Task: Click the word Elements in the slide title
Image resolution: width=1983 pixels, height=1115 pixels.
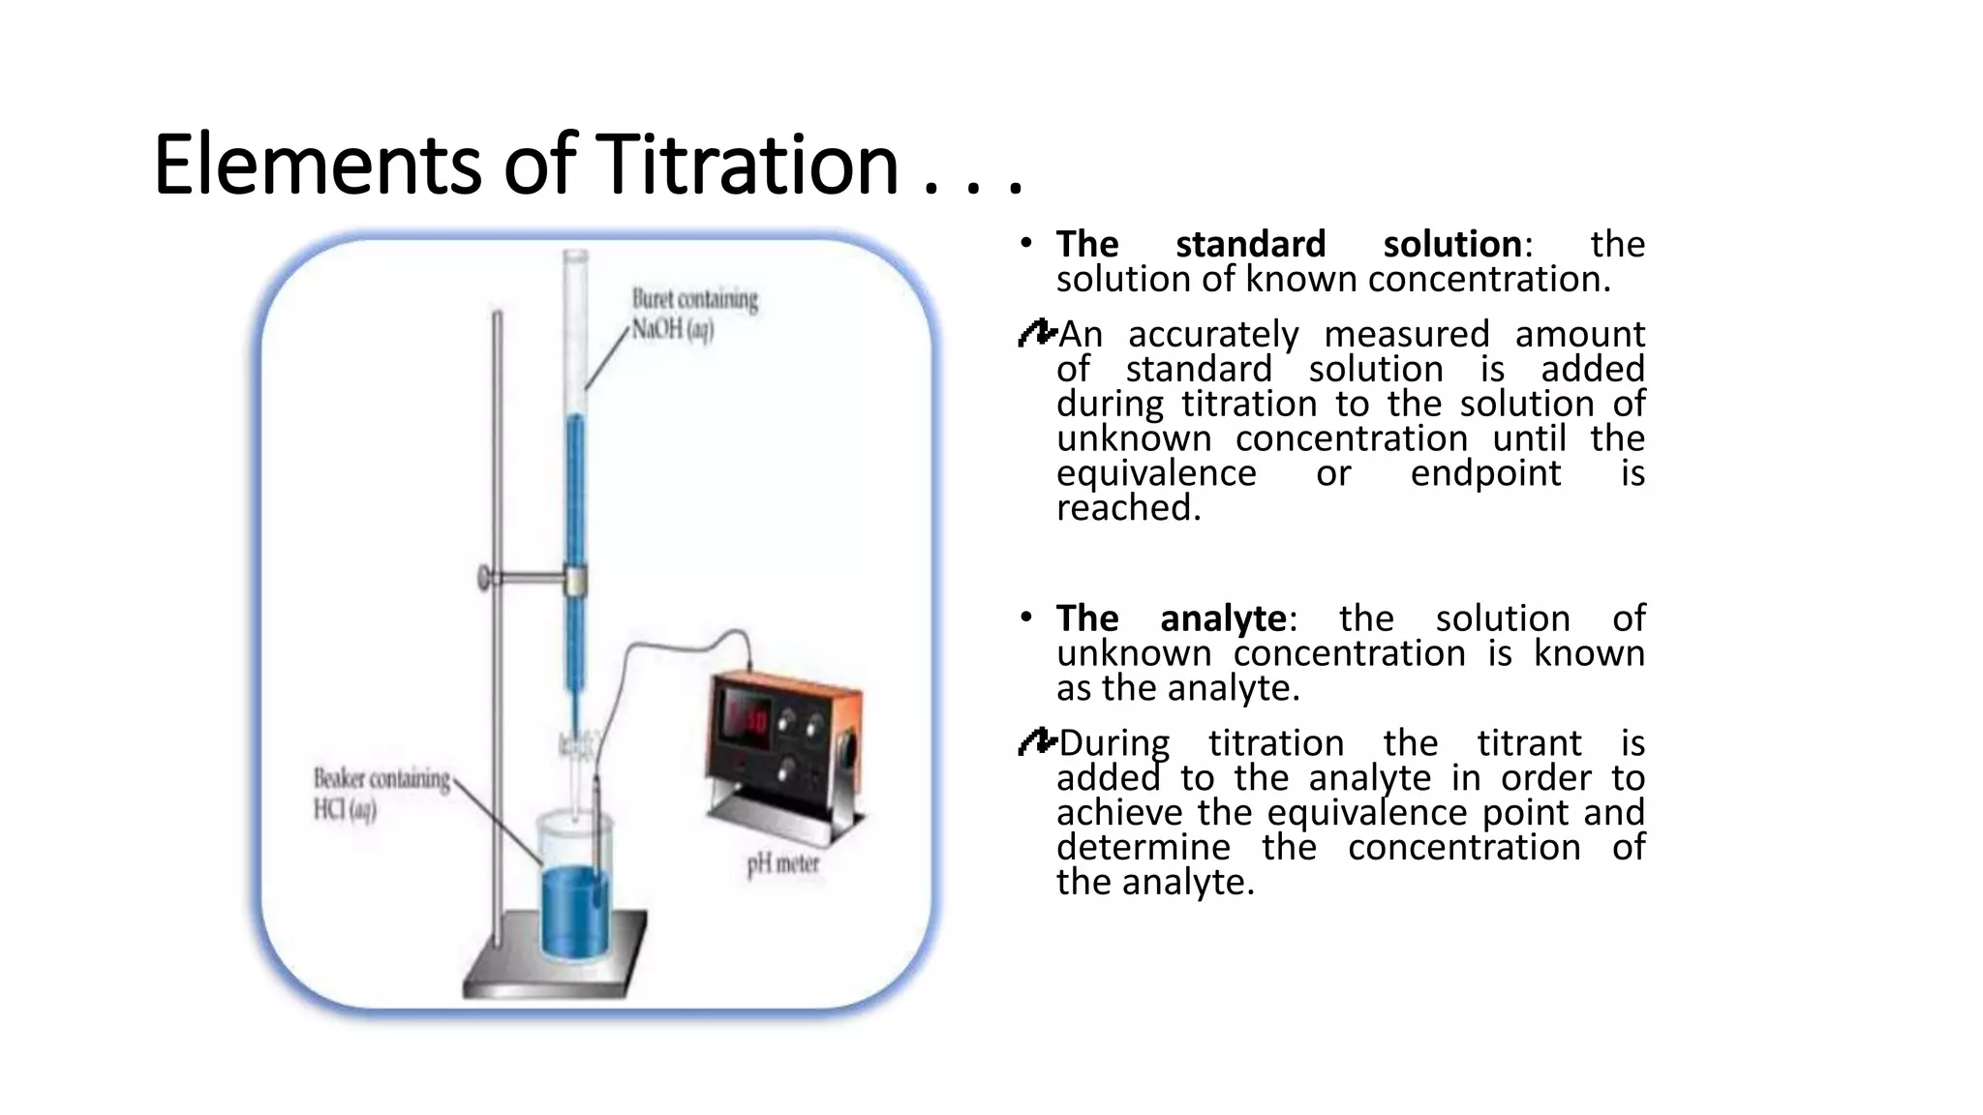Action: click(317, 165)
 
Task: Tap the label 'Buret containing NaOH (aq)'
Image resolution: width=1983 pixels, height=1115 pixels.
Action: click(694, 314)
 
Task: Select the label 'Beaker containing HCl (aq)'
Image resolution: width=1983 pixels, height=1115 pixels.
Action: click(381, 794)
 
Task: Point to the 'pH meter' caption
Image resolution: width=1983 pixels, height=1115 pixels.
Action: click(782, 863)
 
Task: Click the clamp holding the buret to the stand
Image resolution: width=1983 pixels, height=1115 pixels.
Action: click(575, 580)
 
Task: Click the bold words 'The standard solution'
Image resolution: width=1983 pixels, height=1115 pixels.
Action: click(1289, 244)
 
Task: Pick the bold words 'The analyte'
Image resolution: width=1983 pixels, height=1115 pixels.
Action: click(1171, 618)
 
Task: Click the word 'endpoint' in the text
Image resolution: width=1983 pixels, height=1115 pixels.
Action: click(1485, 473)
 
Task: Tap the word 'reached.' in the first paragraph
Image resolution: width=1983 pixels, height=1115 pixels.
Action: click(1128, 508)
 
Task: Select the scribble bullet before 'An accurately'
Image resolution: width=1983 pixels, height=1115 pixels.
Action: click(1036, 335)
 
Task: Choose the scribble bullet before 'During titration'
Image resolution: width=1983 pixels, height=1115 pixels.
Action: click(1036, 743)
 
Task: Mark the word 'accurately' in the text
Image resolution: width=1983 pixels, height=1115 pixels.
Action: click(1212, 335)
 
